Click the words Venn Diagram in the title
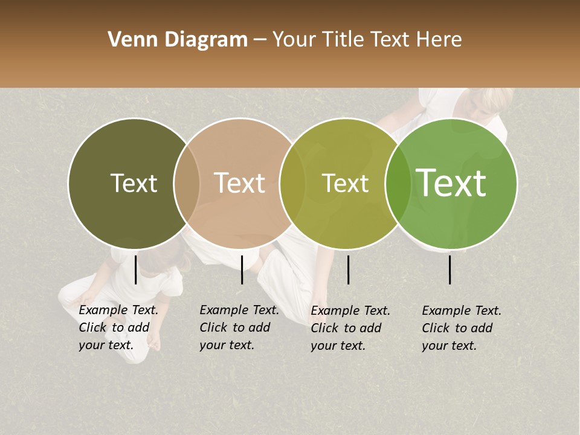178,40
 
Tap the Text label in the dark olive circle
134,184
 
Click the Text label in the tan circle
240,183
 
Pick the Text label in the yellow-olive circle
346,184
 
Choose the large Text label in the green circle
451,182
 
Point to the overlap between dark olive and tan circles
187,184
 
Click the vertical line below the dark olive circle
135,269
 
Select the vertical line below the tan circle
242,269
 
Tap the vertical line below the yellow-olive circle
348,269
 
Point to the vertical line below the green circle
450,269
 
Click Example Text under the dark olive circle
118,311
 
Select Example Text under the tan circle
239,311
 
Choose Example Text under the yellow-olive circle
350,311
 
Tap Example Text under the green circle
462,311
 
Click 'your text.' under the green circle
449,346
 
